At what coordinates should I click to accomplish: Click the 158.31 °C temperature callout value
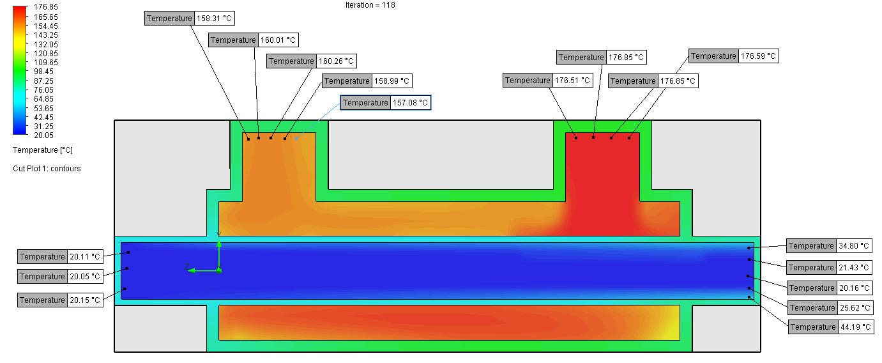[214, 19]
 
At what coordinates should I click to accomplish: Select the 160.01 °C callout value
[278, 40]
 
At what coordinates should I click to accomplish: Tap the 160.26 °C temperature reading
[337, 61]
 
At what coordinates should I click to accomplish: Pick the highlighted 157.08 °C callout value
[410, 103]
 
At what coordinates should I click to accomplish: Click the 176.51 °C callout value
[572, 81]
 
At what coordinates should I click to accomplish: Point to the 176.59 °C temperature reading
[758, 56]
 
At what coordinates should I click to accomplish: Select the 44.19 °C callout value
[855, 327]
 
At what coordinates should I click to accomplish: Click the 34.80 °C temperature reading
[854, 246]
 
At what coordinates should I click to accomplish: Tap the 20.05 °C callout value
[85, 277]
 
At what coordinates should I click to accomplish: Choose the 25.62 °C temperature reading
[855, 308]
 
